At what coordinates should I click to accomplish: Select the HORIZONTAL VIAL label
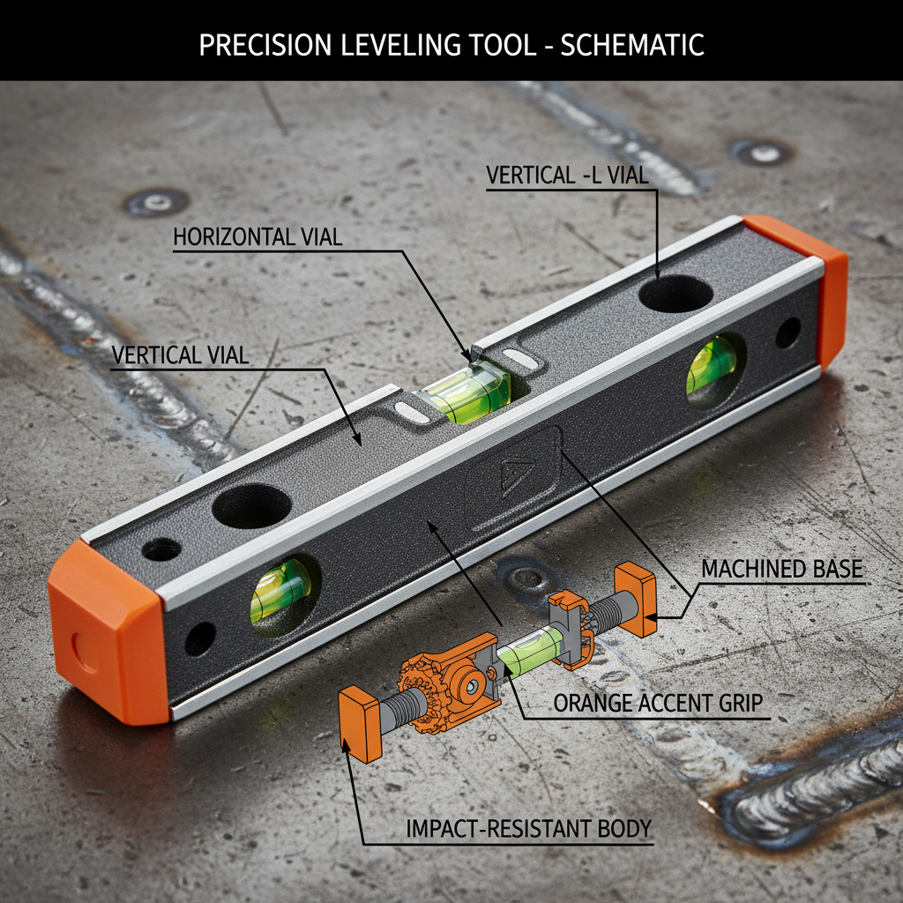[x=257, y=237]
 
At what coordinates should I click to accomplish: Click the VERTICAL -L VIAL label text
[x=567, y=175]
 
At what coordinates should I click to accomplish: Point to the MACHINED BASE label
[x=782, y=569]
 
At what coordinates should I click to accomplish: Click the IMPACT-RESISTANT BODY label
[x=529, y=829]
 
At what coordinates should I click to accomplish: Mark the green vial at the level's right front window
[x=712, y=366]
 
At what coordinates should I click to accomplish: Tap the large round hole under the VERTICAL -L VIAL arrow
[x=675, y=294]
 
